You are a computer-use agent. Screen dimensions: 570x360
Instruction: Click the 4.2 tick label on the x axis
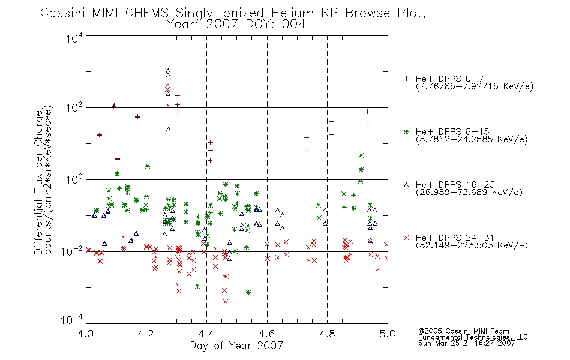tap(146, 334)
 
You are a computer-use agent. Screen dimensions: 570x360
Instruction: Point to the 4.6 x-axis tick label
tap(267, 334)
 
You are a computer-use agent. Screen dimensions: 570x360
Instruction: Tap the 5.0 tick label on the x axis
tap(388, 334)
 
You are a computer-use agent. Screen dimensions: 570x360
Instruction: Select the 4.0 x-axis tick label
tap(86, 334)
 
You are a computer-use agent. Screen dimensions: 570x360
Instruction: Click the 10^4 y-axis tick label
tap(74, 38)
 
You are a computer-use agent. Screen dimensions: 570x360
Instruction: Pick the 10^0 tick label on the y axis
tap(74, 179)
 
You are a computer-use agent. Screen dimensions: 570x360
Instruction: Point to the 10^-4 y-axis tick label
tap(72, 319)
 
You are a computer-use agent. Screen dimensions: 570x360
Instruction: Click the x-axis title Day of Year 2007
tap(236, 346)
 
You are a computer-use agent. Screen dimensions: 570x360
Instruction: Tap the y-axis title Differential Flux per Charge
tap(38, 182)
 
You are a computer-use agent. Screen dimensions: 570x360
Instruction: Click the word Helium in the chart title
tap(292, 13)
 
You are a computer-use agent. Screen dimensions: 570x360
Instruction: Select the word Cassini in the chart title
tap(62, 13)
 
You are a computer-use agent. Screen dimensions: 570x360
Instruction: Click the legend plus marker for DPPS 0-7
tap(406, 79)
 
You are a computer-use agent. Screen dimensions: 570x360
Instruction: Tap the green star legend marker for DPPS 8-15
tap(406, 131)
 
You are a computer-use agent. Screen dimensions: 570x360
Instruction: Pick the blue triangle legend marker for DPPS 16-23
tap(406, 185)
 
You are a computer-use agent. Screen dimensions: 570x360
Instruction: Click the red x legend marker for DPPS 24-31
tap(406, 238)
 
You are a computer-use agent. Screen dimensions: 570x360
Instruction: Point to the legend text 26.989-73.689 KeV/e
tap(469, 192)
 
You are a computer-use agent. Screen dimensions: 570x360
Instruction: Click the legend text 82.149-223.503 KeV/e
tap(472, 245)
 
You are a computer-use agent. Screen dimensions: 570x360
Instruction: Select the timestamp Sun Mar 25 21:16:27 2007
tap(466, 343)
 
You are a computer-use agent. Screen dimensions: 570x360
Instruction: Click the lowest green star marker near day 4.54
tap(248, 292)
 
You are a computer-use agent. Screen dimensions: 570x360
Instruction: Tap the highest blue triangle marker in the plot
tap(168, 71)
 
